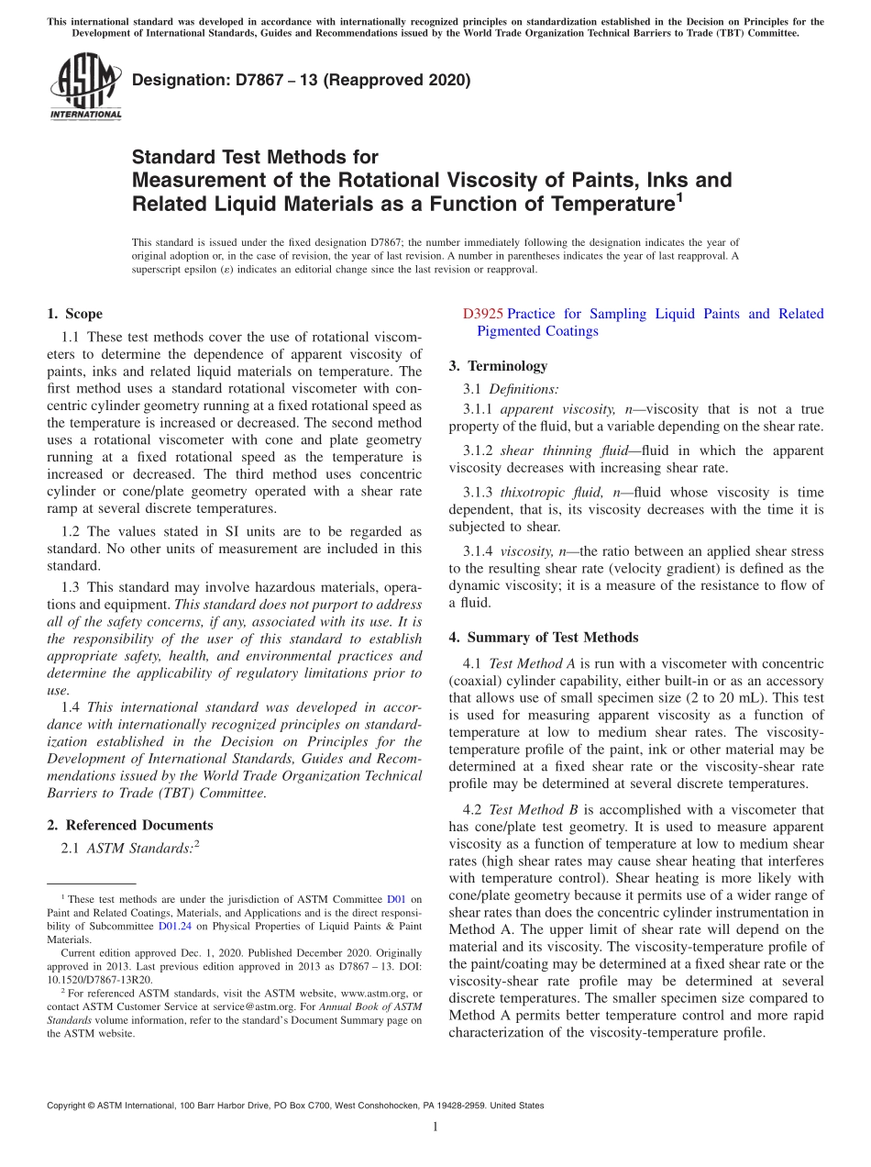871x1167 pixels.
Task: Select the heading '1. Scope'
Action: (x=74, y=314)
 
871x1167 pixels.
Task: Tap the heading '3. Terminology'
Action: (x=498, y=365)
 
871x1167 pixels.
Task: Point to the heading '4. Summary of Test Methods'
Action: (x=544, y=637)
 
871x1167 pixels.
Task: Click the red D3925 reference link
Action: (x=482, y=314)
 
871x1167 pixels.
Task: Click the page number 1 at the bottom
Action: (x=435, y=1128)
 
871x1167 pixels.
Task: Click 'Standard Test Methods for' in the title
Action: (x=255, y=157)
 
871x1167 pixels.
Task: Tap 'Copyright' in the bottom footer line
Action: (x=70, y=1106)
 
